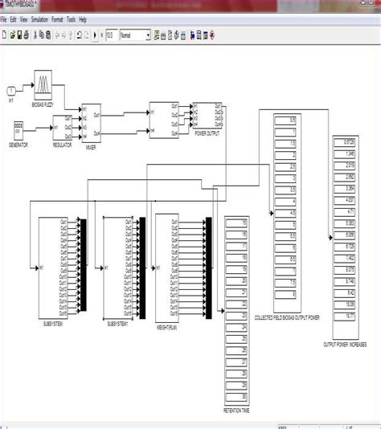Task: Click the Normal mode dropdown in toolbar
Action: (134, 35)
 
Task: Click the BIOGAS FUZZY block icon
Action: (43, 84)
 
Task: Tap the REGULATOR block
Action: (63, 126)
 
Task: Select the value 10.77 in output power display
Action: (349, 317)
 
